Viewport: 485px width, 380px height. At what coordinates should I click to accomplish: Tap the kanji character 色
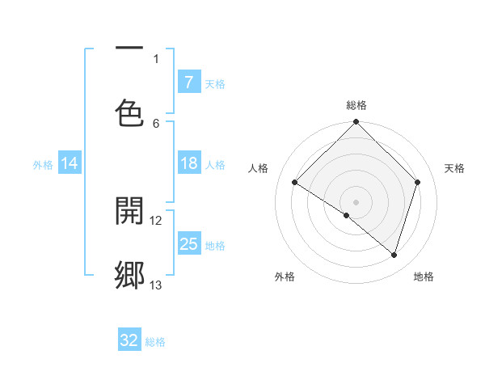pyautogui.click(x=129, y=112)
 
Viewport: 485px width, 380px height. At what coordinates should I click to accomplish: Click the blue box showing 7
pyautogui.click(x=188, y=82)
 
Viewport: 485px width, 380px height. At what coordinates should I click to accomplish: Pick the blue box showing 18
pyautogui.click(x=188, y=164)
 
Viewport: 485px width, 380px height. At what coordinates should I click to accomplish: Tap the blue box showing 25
pyautogui.click(x=188, y=244)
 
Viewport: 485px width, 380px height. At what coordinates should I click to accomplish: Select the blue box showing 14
pyautogui.click(x=70, y=164)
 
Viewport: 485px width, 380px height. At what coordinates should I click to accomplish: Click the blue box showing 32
pyautogui.click(x=129, y=340)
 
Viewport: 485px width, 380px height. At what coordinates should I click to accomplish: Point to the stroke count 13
pyautogui.click(x=156, y=285)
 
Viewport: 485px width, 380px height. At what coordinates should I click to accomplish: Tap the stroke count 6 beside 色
pyautogui.click(x=156, y=123)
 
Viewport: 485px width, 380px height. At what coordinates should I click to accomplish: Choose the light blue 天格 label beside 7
pyautogui.click(x=215, y=83)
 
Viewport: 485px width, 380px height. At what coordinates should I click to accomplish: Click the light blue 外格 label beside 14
pyautogui.click(x=43, y=165)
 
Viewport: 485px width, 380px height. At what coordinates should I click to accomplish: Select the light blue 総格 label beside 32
pyautogui.click(x=155, y=342)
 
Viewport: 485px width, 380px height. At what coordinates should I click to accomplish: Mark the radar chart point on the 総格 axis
pyautogui.click(x=356, y=123)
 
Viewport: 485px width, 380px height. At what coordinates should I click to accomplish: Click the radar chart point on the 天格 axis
pyautogui.click(x=418, y=182)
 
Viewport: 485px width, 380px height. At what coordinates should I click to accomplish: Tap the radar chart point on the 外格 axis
pyautogui.click(x=347, y=215)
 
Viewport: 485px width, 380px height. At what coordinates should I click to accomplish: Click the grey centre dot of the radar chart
pyautogui.click(x=356, y=201)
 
